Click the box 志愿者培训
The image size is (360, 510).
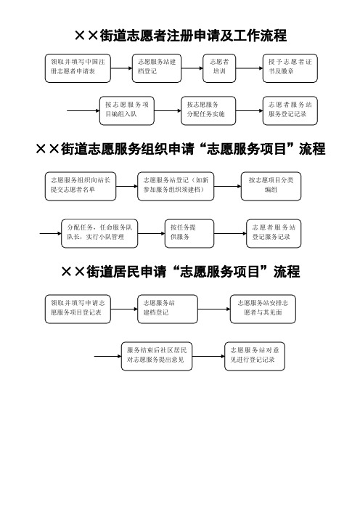[x=219, y=68]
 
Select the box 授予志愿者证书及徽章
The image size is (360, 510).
[x=290, y=68]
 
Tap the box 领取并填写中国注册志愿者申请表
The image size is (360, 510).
[x=78, y=68]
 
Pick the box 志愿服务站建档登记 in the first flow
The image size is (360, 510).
[x=157, y=68]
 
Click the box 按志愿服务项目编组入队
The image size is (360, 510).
[x=127, y=110]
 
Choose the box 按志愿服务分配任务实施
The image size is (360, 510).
[x=208, y=110]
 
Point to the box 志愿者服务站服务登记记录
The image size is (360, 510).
[x=290, y=110]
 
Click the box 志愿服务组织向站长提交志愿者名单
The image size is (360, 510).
[x=81, y=187]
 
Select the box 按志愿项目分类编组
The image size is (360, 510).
[x=271, y=187]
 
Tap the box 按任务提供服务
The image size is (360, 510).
[x=189, y=233]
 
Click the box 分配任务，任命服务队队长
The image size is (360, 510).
[x=99, y=233]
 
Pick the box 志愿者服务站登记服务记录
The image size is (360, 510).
[x=274, y=233]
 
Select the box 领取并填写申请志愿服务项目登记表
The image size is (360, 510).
[x=78, y=309]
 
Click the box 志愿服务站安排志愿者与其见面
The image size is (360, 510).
[x=263, y=309]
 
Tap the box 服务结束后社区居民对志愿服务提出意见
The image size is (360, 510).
[x=157, y=356]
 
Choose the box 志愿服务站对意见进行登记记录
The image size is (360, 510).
[x=255, y=356]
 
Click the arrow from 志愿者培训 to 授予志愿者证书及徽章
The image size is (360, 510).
[x=249, y=68]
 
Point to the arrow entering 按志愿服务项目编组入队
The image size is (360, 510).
[x=83, y=110]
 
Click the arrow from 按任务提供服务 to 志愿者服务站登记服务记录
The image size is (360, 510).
[x=230, y=233]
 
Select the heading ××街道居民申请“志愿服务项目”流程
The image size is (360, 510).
[x=180, y=272]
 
